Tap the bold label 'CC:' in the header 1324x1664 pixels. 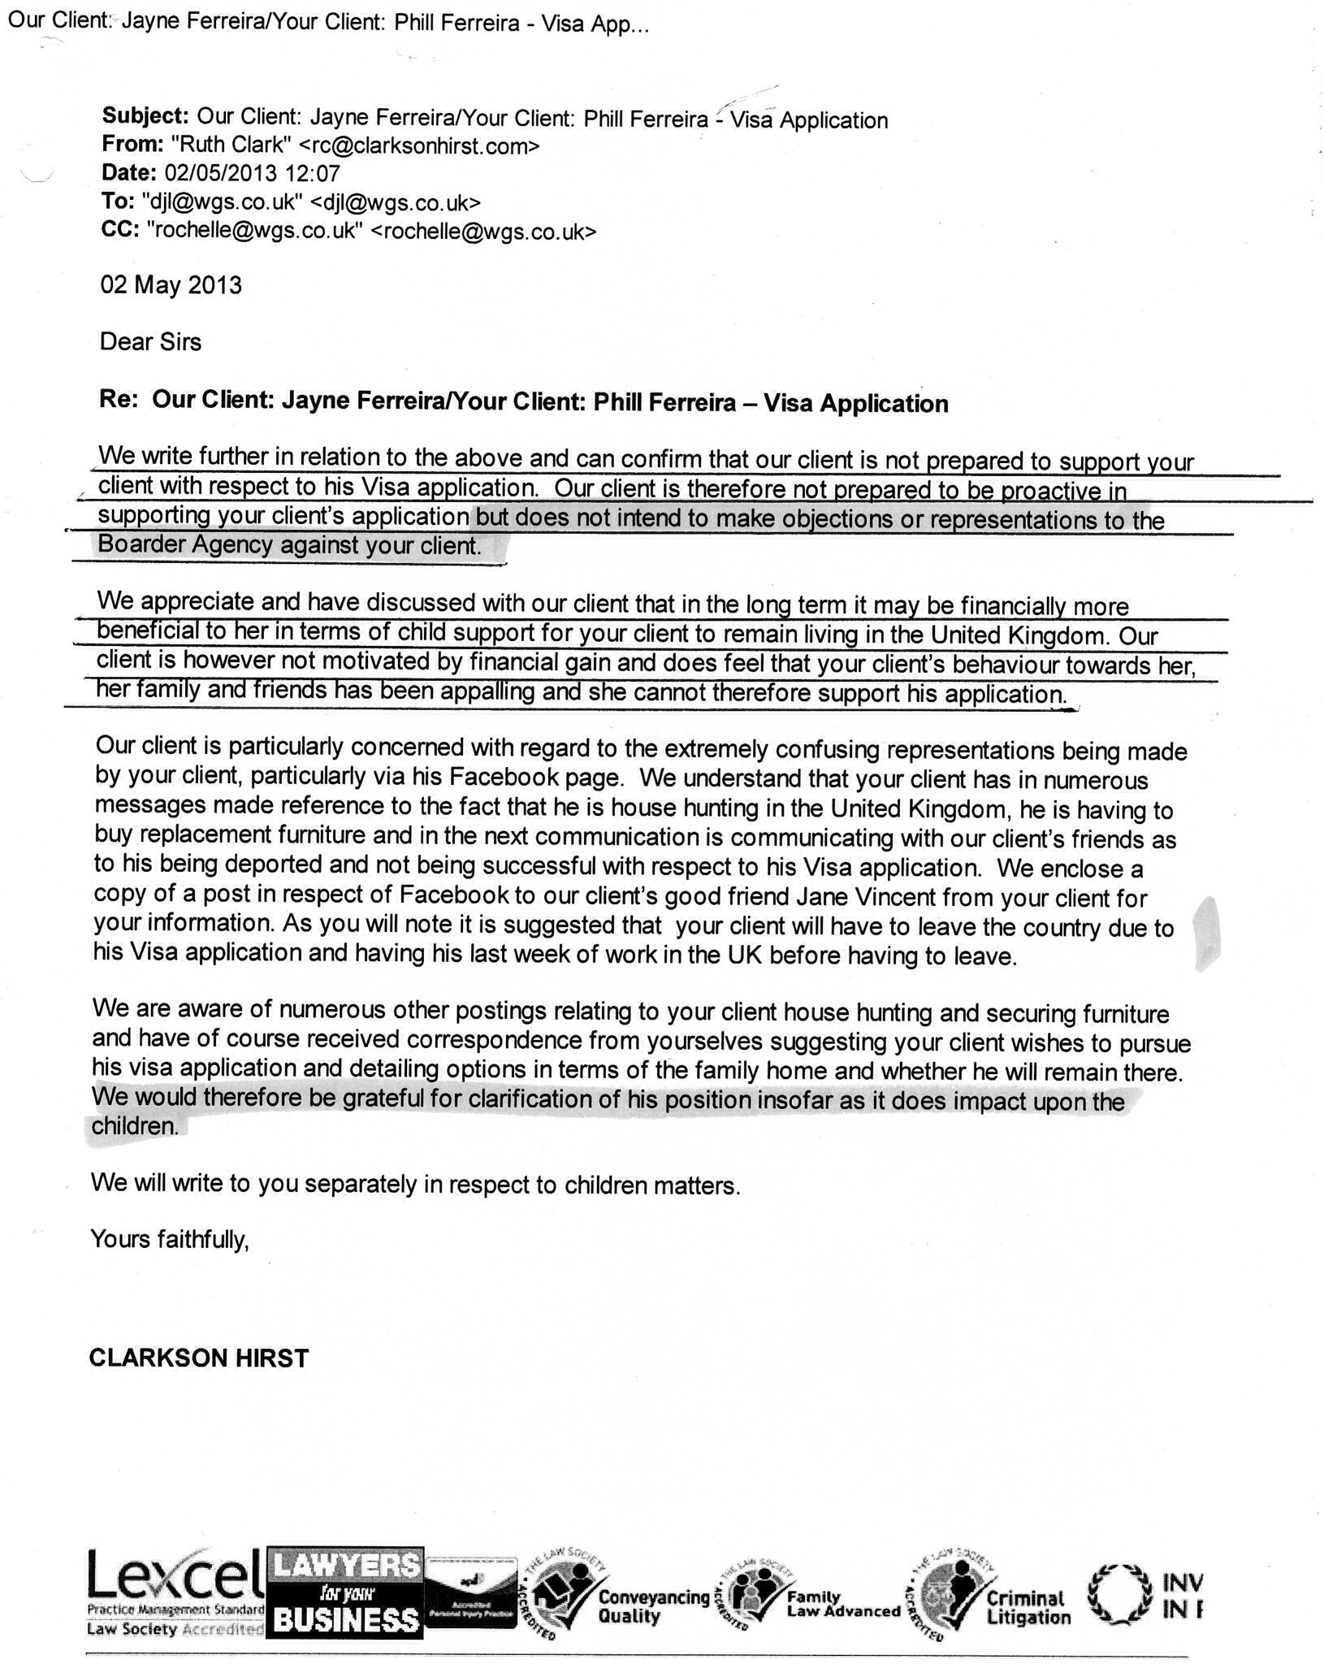[119, 231]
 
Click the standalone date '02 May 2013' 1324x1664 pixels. [171, 285]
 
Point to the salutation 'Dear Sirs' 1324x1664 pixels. [150, 342]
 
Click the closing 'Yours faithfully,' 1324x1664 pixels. [169, 1239]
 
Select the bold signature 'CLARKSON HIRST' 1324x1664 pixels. [199, 1358]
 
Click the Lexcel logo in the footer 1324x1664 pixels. [175, 1593]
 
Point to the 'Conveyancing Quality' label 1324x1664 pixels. [653, 1606]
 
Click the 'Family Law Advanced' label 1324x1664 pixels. [842, 1605]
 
